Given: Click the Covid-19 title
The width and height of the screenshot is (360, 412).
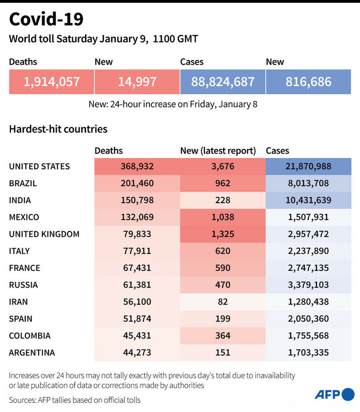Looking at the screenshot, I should [46, 20].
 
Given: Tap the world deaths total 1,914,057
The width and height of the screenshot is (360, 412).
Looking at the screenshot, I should [52, 82].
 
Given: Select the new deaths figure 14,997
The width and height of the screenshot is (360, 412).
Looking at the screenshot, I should [137, 82].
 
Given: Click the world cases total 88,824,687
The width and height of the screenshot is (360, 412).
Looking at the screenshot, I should [223, 82].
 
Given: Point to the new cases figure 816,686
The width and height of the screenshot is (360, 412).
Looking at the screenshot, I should [308, 82].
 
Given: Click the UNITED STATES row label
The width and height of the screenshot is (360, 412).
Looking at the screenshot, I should [40, 166].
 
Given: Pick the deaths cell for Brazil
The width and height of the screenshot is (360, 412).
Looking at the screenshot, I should [137, 183].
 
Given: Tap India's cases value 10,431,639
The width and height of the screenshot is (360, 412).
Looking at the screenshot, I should [308, 200].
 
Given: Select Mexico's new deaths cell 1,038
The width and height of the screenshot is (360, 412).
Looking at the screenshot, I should [223, 217].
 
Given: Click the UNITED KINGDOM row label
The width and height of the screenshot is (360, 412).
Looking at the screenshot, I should [44, 234].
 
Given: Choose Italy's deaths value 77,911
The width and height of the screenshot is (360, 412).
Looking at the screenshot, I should [137, 251].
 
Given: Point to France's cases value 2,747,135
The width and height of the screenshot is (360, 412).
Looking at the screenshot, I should [308, 268].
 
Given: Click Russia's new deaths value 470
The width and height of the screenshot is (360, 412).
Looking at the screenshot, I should [223, 284].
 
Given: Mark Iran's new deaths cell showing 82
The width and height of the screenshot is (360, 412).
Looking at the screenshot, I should [223, 301].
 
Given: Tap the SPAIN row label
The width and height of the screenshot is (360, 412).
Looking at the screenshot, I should [20, 318].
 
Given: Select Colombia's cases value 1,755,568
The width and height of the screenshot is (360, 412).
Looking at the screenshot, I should [308, 335].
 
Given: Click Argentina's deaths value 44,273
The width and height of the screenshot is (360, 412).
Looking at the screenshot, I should [137, 352].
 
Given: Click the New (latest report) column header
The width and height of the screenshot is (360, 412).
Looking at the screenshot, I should [218, 151].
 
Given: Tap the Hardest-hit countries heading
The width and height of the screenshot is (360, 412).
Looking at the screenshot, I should [58, 129].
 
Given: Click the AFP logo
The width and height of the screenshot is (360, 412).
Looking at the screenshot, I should [334, 394].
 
